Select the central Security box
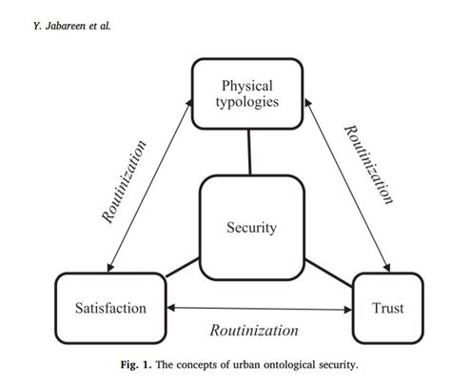pos(252,227)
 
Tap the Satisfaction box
pos(110,308)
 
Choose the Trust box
pos(388,308)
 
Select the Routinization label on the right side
pos(368,165)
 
